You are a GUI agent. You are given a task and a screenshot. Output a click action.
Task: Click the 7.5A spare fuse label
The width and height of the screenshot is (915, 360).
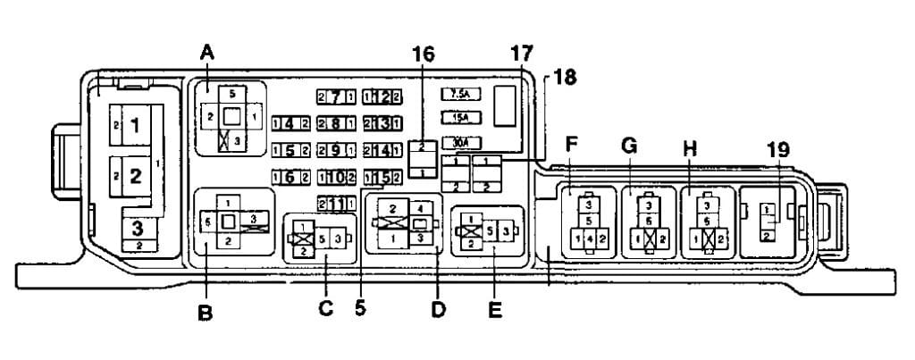coord(462,93)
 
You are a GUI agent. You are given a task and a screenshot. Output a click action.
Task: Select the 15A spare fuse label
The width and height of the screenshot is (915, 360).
coord(462,117)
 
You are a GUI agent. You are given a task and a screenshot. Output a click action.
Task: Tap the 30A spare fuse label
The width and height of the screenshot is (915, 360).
coord(462,142)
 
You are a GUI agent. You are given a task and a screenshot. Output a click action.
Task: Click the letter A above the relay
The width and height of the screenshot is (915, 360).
coord(207,53)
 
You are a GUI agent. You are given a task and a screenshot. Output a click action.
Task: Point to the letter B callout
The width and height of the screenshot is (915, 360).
coord(205,314)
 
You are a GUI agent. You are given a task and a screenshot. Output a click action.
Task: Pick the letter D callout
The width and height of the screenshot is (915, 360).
coord(438,310)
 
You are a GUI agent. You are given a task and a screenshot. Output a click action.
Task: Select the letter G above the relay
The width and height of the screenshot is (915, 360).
coord(629,146)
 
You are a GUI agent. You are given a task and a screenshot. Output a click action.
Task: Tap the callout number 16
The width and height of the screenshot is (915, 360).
coord(423,54)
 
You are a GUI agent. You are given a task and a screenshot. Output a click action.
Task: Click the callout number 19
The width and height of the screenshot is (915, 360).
coord(778,149)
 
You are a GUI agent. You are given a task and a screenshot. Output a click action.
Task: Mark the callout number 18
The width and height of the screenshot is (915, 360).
coord(564,77)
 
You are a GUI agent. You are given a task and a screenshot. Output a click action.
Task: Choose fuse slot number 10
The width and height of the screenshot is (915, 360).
coord(337,176)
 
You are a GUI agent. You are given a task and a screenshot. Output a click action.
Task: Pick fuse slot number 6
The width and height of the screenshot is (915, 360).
coord(290,176)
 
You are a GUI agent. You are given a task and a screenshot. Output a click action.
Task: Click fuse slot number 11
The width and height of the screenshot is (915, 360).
coord(337,203)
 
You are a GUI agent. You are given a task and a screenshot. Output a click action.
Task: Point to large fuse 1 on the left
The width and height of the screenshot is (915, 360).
coord(135,127)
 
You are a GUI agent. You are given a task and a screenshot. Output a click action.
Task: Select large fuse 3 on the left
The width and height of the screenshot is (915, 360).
coord(136,226)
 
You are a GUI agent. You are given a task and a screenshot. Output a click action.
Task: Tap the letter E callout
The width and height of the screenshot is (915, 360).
coord(495,310)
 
